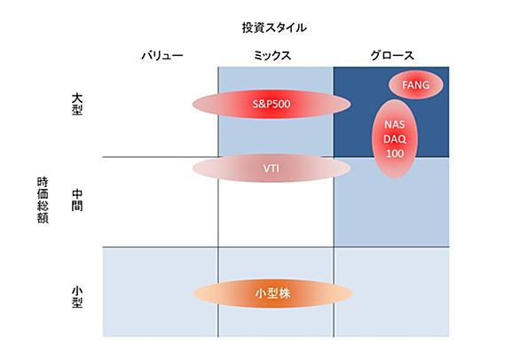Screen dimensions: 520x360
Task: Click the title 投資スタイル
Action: pos(274,27)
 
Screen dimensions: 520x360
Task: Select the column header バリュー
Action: pos(162,55)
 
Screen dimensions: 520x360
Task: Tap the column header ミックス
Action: pos(272,55)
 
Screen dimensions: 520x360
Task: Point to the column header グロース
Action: pos(392,55)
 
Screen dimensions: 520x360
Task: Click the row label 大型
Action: pos(77,104)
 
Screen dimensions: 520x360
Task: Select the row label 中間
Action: pos(77,200)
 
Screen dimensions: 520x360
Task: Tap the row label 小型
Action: pos(77,297)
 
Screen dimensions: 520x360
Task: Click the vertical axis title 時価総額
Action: pos(43,200)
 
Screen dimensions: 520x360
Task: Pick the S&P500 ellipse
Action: pos(272,104)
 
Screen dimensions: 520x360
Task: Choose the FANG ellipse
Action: pos(416,85)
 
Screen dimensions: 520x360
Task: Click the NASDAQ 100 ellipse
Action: pos(395,138)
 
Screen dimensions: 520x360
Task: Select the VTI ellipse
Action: pos(272,168)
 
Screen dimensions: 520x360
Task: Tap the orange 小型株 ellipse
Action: pos(273,293)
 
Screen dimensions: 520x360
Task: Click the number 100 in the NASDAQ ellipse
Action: pos(395,153)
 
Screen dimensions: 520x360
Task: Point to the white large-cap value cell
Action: pos(161,112)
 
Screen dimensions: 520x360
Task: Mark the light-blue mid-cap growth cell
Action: pos(391,202)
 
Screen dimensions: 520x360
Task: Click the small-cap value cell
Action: pos(161,293)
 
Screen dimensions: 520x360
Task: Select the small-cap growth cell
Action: pos(391,293)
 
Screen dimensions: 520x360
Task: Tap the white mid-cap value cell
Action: pos(161,202)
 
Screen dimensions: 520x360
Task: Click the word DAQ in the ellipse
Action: pos(395,139)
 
